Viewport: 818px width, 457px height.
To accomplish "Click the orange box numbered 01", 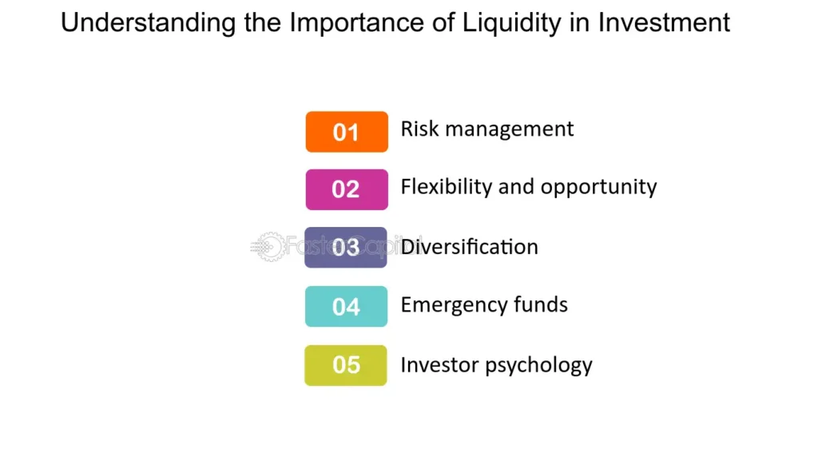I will (x=347, y=132).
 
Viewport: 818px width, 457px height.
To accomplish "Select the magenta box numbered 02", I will (x=347, y=190).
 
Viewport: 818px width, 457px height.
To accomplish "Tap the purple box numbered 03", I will (x=346, y=248).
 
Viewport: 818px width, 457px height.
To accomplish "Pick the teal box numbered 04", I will (x=346, y=306).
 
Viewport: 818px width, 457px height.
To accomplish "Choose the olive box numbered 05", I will (x=346, y=365).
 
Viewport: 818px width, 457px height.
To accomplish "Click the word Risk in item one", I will (x=417, y=129).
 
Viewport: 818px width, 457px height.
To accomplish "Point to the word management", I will (x=506, y=129).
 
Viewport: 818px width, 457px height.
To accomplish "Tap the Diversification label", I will (x=470, y=247).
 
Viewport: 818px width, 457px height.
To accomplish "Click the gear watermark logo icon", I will (x=268, y=248).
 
